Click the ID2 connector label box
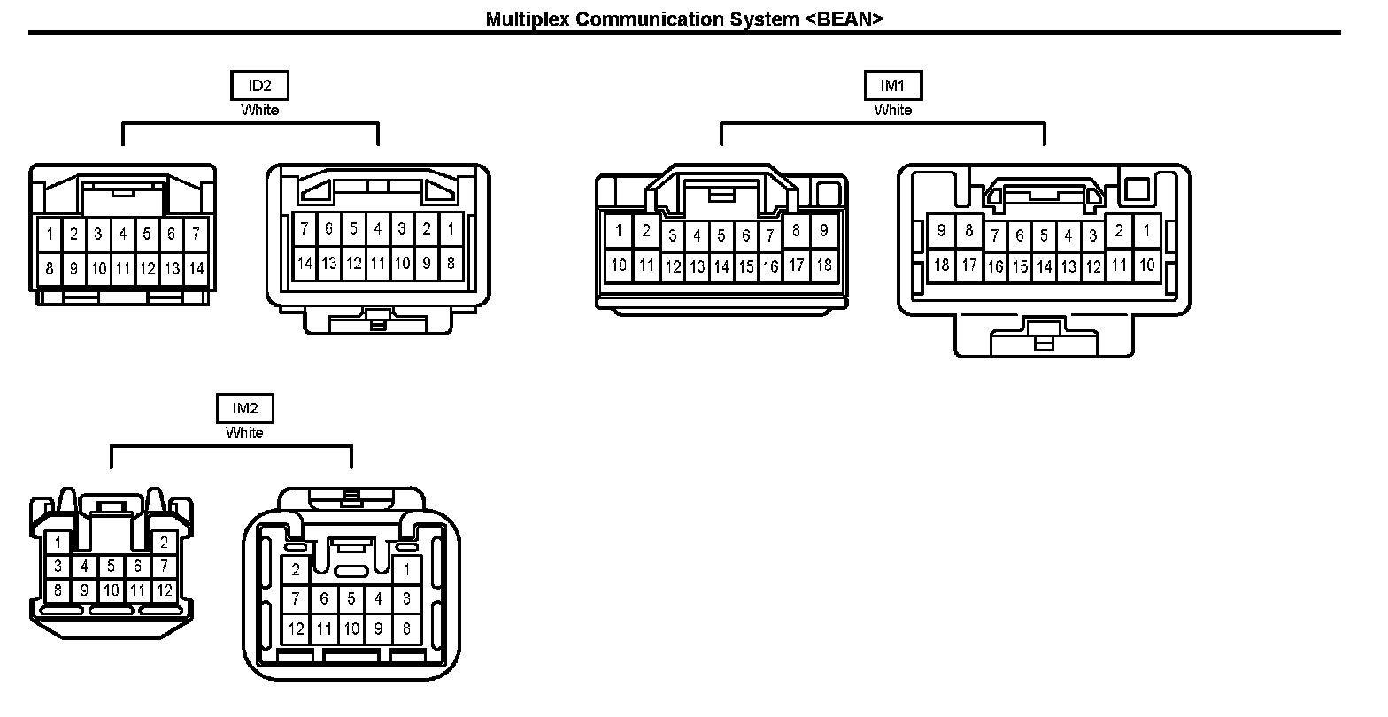click(259, 86)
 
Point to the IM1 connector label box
click(892, 86)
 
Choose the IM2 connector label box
click(245, 408)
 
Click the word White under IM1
click(892, 111)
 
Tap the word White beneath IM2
click(244, 433)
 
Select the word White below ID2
click(259, 111)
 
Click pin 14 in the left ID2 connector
click(196, 268)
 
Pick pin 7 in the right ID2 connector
click(305, 229)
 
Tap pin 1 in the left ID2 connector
click(50, 235)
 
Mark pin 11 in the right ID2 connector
click(378, 263)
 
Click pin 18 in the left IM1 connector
click(823, 265)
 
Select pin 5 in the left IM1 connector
click(721, 235)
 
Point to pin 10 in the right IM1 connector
click(1146, 265)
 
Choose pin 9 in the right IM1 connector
click(941, 231)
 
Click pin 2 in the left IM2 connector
click(164, 543)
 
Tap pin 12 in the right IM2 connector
click(296, 628)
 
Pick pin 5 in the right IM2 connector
click(351, 599)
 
